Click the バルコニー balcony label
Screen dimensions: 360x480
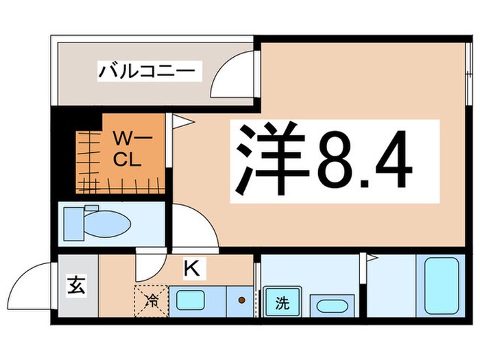pyautogui.click(x=149, y=71)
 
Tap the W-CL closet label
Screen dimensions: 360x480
pyautogui.click(x=128, y=152)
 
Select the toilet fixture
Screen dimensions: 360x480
pyautogui.click(x=97, y=221)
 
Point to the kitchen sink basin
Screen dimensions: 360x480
pyautogui.click(x=191, y=300)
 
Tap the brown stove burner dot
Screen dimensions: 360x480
pyautogui.click(x=241, y=300)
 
